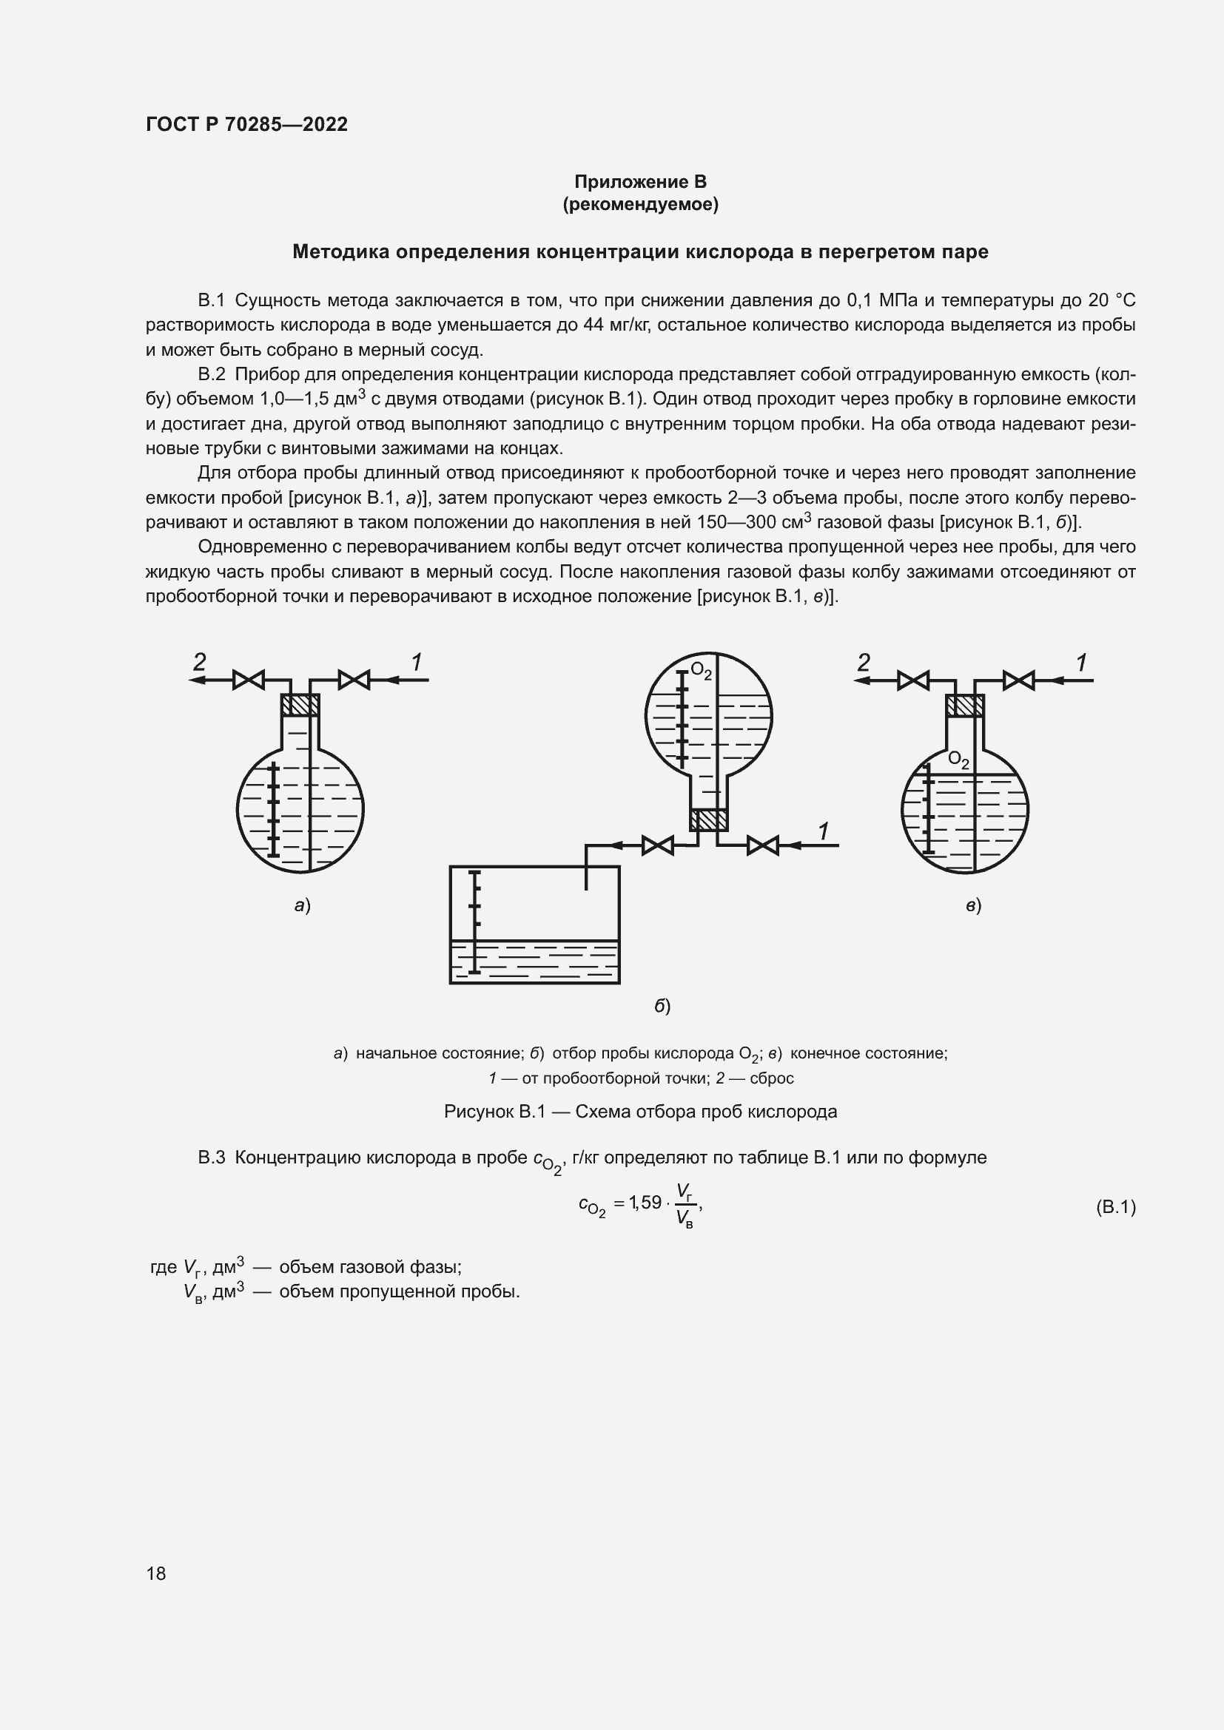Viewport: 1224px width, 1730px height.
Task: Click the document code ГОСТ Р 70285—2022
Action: pos(246,125)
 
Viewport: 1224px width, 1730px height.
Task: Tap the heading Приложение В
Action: pos(640,182)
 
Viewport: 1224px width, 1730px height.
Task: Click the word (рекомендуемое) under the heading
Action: pos(640,204)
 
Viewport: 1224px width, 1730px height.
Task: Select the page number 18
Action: pos(156,1573)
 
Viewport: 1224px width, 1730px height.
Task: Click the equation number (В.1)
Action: pos(1114,1208)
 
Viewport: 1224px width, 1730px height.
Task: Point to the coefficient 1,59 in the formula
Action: pos(646,1203)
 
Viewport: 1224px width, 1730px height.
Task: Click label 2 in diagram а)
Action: pos(199,662)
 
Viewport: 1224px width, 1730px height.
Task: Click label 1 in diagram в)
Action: pos(1080,663)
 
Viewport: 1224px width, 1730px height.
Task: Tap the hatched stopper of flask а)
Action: pos(300,706)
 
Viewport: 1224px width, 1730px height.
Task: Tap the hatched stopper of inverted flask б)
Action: pos(708,820)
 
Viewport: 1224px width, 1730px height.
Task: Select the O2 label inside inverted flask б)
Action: pos(701,671)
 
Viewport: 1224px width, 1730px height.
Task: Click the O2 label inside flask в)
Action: pos(958,760)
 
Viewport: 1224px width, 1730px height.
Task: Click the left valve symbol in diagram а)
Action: pos(248,680)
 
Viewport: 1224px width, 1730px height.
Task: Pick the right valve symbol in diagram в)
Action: pos(1018,680)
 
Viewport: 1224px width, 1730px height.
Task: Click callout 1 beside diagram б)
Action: pos(823,831)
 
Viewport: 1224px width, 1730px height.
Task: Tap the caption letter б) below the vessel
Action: pos(662,1006)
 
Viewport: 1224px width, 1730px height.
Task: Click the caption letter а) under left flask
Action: pos(302,905)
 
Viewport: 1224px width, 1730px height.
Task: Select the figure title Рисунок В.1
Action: pos(494,1112)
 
